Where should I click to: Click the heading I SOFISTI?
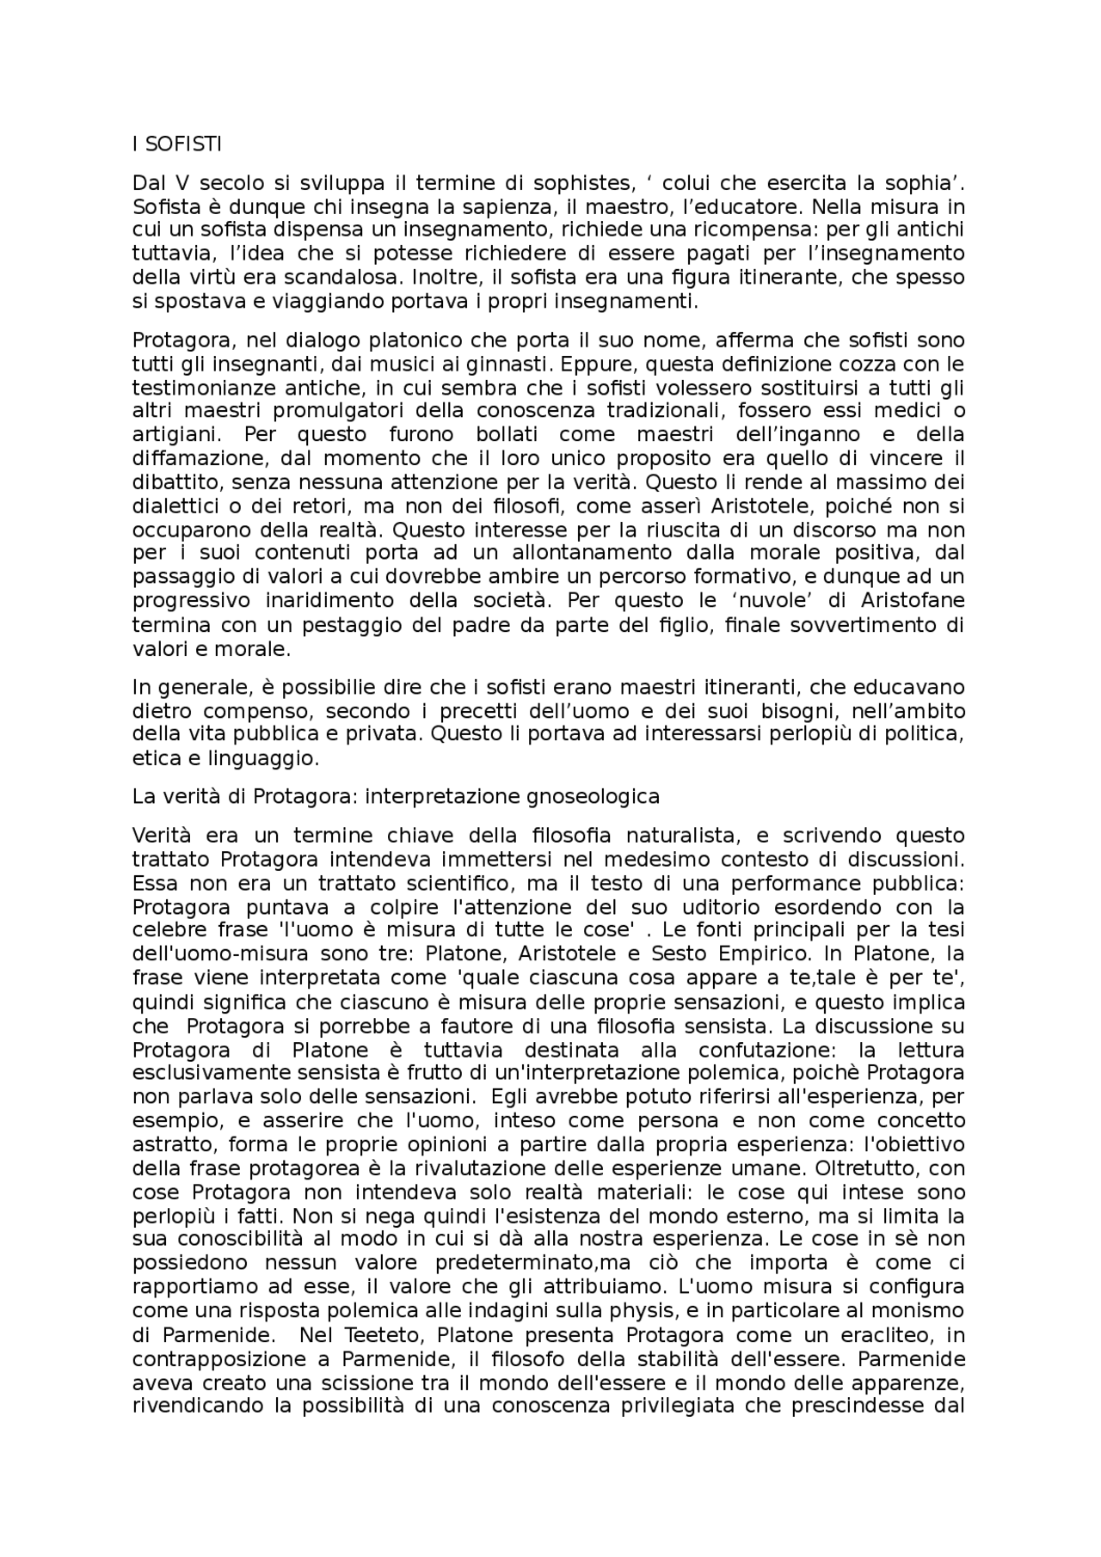(176, 144)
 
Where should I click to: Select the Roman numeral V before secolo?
(182, 183)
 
